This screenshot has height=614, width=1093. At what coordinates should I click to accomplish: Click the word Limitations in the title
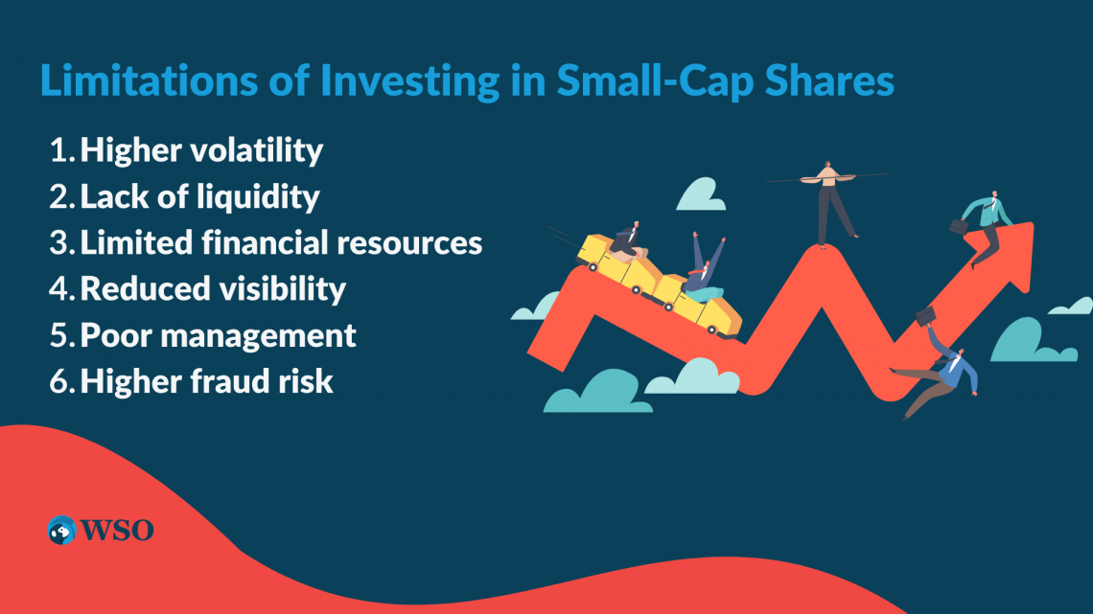[150, 80]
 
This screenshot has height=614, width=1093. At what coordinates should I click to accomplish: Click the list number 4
[60, 289]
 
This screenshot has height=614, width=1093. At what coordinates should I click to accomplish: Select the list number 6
[61, 381]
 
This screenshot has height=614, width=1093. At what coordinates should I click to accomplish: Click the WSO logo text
[116, 531]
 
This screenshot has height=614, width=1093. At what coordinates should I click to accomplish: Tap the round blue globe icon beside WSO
[61, 531]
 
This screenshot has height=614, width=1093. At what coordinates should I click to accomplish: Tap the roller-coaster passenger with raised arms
[705, 268]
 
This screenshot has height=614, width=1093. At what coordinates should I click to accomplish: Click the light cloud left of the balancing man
[701, 194]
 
